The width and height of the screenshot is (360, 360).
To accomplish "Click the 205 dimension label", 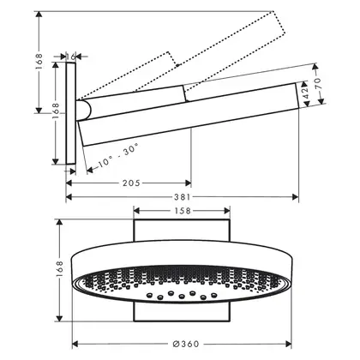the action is (x=131, y=183).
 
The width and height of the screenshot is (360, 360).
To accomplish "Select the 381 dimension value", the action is (x=183, y=197).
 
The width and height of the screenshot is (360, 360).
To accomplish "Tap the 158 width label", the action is (x=183, y=211).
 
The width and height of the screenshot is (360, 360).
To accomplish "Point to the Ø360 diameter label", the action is (x=186, y=344).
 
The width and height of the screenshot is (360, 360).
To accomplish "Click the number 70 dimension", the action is (x=317, y=83).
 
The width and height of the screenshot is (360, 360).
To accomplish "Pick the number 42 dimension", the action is (x=306, y=93).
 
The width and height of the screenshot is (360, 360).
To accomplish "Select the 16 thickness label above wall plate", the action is (x=70, y=57).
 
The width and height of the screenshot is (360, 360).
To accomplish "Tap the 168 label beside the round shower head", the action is (x=59, y=268).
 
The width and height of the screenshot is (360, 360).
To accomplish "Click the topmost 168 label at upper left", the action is (x=39, y=61).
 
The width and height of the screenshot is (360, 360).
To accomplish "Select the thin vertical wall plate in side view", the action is (x=71, y=113).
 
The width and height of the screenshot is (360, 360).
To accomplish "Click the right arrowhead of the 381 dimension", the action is (x=295, y=197).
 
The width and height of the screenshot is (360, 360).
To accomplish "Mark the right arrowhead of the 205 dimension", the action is (x=188, y=183).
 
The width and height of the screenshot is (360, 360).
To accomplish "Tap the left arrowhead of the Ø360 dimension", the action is (x=75, y=344).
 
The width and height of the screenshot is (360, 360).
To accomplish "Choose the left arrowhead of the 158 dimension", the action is (x=137, y=211).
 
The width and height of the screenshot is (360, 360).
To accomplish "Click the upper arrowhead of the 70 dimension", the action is (x=315, y=67).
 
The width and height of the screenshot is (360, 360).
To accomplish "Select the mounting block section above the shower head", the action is (x=182, y=231).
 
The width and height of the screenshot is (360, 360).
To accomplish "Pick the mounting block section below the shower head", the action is (x=182, y=312).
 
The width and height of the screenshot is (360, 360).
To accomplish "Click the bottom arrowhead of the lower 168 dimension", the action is (x=59, y=318).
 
